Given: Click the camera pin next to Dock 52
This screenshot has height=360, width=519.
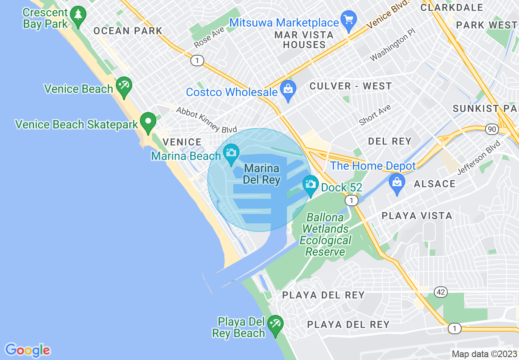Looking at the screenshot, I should click(x=311, y=185).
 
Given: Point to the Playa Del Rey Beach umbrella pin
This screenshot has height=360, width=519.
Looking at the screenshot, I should click(x=275, y=326).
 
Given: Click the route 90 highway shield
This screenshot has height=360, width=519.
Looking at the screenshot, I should click(x=492, y=129).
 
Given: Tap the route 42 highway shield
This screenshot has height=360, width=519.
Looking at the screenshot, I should click(x=440, y=292).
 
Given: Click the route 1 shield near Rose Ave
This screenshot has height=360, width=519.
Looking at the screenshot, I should click(x=197, y=61).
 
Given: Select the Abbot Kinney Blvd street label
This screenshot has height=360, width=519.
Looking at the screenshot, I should click(x=206, y=120).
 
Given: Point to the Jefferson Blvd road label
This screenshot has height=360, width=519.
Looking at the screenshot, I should click(x=479, y=158).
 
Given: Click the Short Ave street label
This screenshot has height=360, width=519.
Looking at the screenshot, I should click(x=375, y=115).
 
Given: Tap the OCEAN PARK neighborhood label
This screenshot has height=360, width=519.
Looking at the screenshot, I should click(x=128, y=31).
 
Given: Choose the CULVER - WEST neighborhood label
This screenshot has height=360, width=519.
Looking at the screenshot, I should click(x=351, y=86).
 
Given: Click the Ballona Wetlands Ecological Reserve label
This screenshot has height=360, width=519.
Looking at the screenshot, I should click(x=325, y=234).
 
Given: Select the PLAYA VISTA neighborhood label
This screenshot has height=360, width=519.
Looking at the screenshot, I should click(x=417, y=216).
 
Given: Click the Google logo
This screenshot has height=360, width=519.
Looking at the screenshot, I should click(x=27, y=350).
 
